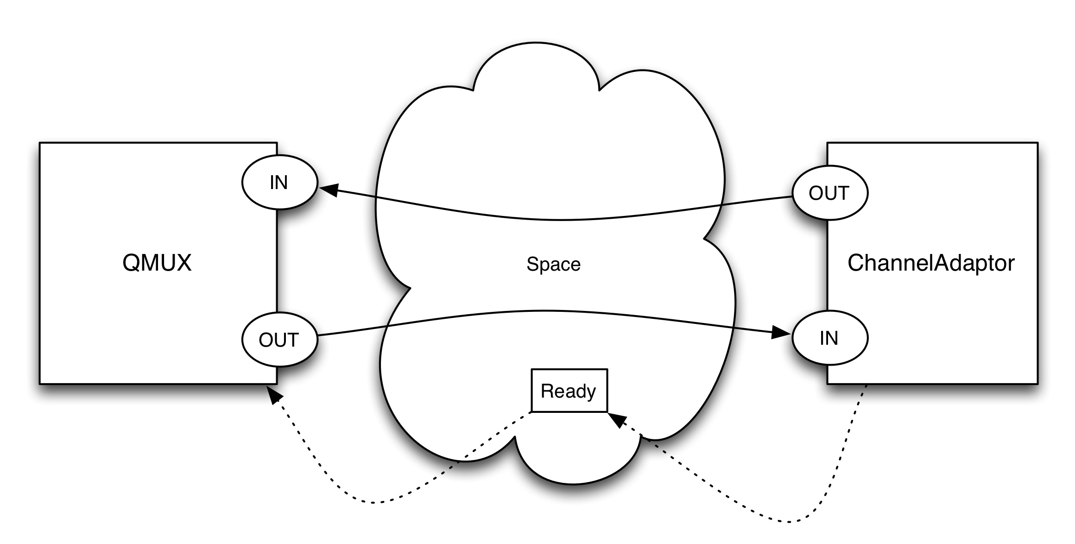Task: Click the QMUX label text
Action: pyautogui.click(x=157, y=263)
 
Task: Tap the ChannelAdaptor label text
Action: pyautogui.click(x=931, y=263)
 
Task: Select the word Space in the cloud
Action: pyautogui.click(x=553, y=264)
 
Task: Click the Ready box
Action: pyautogui.click(x=569, y=391)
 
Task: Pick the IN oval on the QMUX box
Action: pyautogui.click(x=279, y=182)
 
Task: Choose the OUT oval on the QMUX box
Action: pyautogui.click(x=279, y=340)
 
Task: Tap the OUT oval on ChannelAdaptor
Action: pyautogui.click(x=829, y=193)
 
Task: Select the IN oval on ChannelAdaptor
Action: pyautogui.click(x=829, y=338)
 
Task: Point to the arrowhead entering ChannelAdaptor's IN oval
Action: pyautogui.click(x=781, y=332)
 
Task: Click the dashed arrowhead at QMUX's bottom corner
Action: pyautogui.click(x=275, y=395)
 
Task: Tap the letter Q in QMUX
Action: pyautogui.click(x=130, y=263)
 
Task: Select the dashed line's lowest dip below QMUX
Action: pyautogui.click(x=371, y=502)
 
